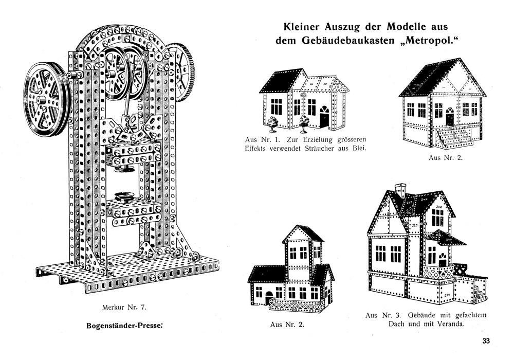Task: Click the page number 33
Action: tap(486, 341)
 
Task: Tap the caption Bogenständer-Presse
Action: tap(124, 326)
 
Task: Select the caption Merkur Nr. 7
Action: tap(123, 308)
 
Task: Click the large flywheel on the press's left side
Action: tap(46, 100)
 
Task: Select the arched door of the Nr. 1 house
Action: tap(324, 117)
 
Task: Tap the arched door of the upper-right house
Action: tap(450, 116)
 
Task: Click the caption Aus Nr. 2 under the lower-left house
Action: tap(287, 325)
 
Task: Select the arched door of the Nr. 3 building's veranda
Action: tap(443, 260)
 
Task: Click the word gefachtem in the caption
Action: tap(471, 316)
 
